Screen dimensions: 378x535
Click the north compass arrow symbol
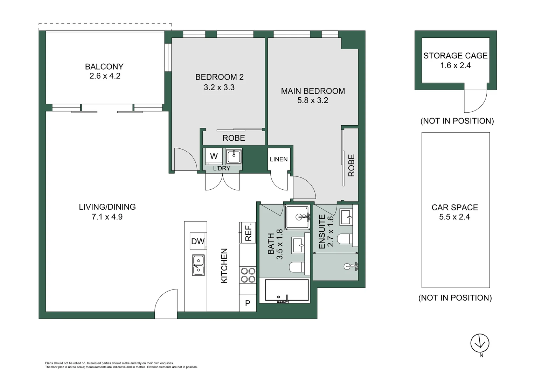click(x=479, y=343)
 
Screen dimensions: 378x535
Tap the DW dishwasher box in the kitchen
click(x=198, y=241)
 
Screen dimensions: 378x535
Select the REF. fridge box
click(x=248, y=233)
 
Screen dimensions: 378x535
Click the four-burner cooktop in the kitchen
click(x=248, y=275)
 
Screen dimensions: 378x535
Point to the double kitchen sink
click(x=198, y=265)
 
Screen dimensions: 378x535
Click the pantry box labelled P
click(x=248, y=303)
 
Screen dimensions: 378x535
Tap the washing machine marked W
click(x=214, y=156)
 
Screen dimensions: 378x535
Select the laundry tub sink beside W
click(x=234, y=156)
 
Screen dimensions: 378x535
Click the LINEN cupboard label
click(x=279, y=159)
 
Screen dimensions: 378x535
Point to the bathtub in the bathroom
click(x=287, y=290)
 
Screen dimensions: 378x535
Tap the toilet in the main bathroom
click(x=297, y=268)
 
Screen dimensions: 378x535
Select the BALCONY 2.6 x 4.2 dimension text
click(x=105, y=76)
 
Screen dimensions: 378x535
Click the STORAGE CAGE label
click(x=455, y=56)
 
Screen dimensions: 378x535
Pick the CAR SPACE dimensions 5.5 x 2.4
click(x=454, y=217)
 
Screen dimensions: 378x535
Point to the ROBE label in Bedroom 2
click(x=234, y=138)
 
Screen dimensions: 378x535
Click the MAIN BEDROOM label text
click(x=313, y=91)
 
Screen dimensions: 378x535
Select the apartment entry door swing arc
click(x=166, y=304)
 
